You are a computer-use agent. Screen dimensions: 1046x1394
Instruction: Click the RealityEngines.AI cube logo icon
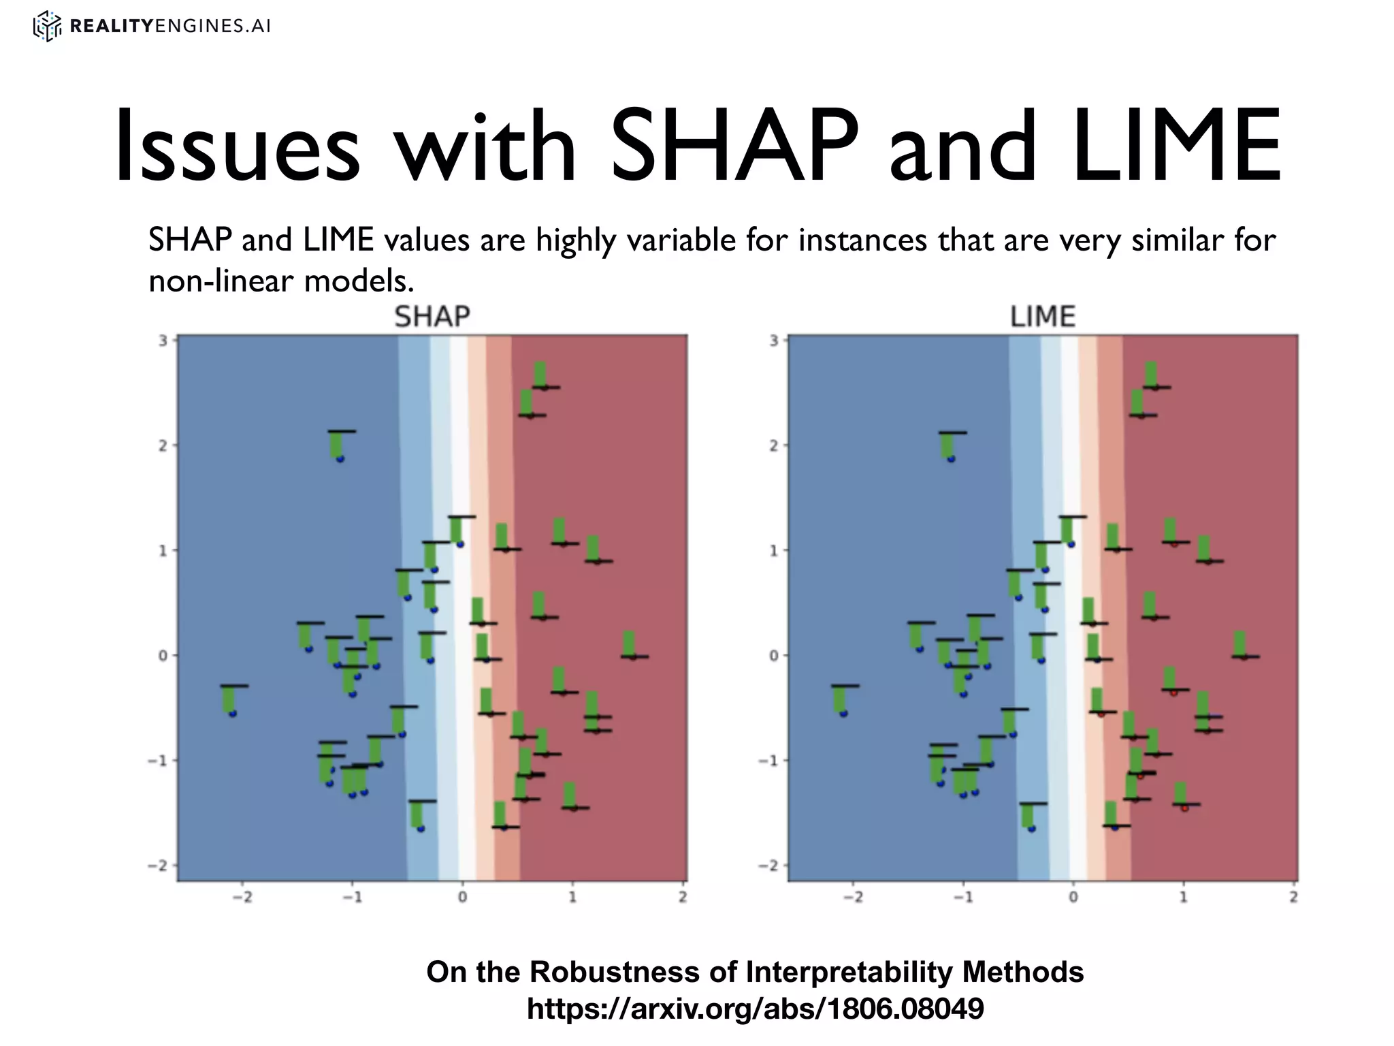click(x=47, y=27)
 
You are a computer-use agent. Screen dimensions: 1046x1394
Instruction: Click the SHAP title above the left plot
click(x=432, y=317)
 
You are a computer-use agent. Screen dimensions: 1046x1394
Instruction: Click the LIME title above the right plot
click(x=1043, y=317)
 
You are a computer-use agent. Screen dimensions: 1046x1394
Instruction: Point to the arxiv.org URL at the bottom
click(x=756, y=1009)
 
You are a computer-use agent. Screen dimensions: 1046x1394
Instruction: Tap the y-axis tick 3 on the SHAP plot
click(x=163, y=340)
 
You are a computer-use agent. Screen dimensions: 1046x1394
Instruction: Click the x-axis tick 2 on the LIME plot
click(x=1294, y=898)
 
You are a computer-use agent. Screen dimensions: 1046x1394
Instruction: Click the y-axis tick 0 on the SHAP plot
click(x=163, y=655)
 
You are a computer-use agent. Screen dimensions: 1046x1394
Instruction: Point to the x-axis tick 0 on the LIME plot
click(x=1073, y=898)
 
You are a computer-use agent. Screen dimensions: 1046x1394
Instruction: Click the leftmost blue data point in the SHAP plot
click(x=232, y=713)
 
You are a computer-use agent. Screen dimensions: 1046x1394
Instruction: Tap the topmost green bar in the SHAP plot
click(x=540, y=374)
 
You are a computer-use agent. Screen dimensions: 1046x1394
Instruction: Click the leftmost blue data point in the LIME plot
click(x=843, y=713)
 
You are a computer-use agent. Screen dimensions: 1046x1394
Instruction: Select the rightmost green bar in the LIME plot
click(x=1240, y=643)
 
